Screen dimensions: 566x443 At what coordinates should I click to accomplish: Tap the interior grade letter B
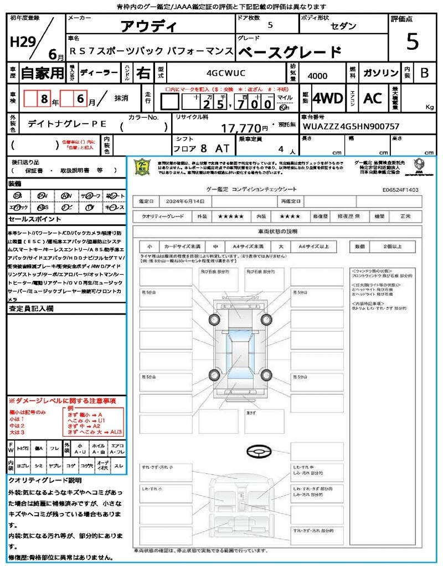coord(424,72)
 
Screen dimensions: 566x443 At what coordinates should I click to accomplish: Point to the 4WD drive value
coord(328,98)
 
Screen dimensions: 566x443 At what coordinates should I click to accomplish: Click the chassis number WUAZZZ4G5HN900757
coord(351,127)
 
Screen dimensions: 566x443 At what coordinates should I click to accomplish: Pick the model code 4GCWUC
coord(225,72)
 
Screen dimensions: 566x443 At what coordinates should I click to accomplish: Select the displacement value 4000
coord(317,76)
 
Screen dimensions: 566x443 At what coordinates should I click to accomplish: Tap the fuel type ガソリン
coord(380,72)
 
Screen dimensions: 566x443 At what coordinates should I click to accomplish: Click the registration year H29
coord(22,42)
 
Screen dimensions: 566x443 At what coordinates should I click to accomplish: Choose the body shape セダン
coord(343,27)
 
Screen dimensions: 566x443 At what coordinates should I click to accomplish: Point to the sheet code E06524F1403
coord(400,190)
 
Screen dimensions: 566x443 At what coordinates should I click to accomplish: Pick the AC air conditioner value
coord(373,98)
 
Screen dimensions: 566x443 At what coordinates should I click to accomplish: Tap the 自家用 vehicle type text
coord(42,72)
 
